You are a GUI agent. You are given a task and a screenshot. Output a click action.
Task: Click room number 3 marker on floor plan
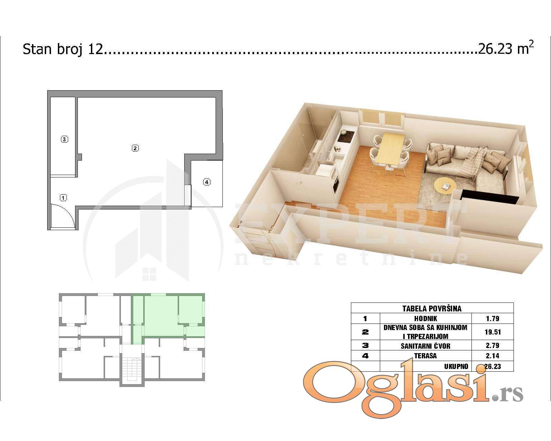[x=64, y=139]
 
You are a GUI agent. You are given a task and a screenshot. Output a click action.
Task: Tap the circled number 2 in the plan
[x=135, y=148]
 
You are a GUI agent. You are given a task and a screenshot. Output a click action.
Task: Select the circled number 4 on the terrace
[x=207, y=182]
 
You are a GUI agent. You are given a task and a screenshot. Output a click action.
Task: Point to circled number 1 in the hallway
[x=63, y=197]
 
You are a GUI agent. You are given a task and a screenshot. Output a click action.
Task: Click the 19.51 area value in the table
[x=492, y=332]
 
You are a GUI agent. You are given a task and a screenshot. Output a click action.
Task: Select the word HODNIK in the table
[x=426, y=318]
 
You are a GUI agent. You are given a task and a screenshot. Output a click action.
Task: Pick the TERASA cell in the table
[x=426, y=356]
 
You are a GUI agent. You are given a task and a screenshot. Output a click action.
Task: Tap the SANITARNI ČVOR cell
[x=426, y=346]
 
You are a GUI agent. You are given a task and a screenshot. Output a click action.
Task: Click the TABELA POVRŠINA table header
[x=432, y=308]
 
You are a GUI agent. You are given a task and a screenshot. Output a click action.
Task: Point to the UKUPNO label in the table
[x=456, y=367]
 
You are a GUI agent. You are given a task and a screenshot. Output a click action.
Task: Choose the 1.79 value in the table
[x=492, y=318]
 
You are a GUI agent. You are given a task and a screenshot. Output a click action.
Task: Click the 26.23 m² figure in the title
[x=506, y=49]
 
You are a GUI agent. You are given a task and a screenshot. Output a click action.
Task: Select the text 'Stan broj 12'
[x=63, y=49]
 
